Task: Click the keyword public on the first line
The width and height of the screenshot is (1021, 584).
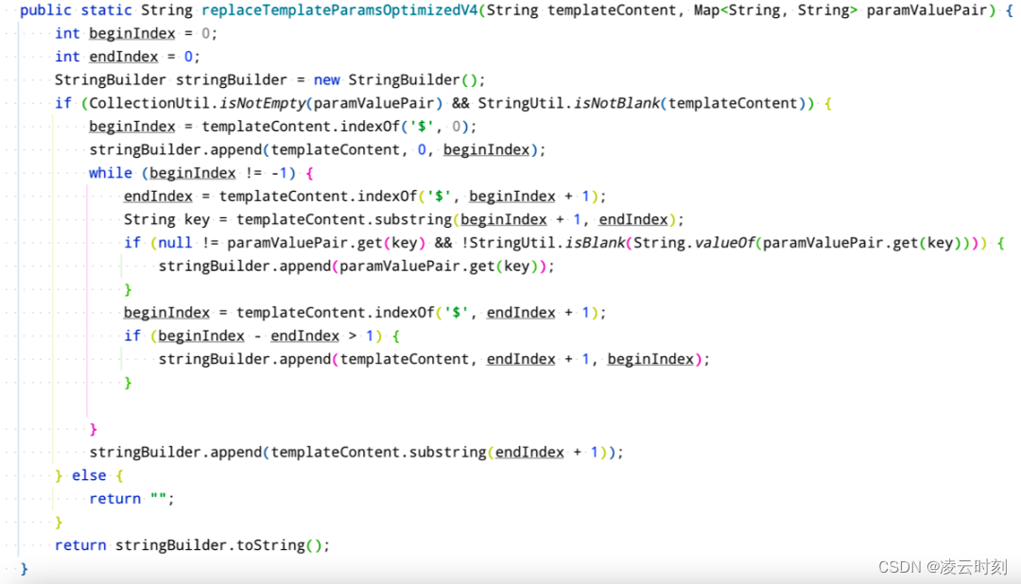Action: click(44, 10)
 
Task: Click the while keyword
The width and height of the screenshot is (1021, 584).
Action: click(111, 173)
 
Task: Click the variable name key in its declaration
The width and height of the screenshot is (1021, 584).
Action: click(197, 219)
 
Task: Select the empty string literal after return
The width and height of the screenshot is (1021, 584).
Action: click(158, 498)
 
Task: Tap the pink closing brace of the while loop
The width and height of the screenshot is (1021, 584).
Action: click(93, 429)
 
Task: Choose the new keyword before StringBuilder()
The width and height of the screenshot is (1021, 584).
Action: click(326, 80)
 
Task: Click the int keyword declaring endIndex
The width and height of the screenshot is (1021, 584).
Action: click(67, 57)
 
